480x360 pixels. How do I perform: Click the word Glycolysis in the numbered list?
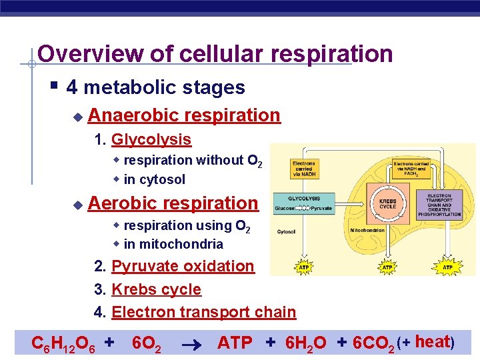(151, 140)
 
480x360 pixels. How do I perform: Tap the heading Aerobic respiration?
(173, 203)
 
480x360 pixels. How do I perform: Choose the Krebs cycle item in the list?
(156, 289)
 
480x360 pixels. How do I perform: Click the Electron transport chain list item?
(203, 312)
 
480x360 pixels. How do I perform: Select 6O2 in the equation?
(146, 343)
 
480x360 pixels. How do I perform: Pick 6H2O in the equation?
(305, 343)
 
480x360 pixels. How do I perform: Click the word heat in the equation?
(431, 342)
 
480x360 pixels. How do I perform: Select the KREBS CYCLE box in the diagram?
(387, 203)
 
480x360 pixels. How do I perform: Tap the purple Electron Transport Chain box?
(443, 205)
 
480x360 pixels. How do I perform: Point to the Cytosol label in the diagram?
(287, 232)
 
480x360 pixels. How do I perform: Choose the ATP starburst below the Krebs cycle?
(387, 267)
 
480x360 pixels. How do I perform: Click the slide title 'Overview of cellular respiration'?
(215, 54)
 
